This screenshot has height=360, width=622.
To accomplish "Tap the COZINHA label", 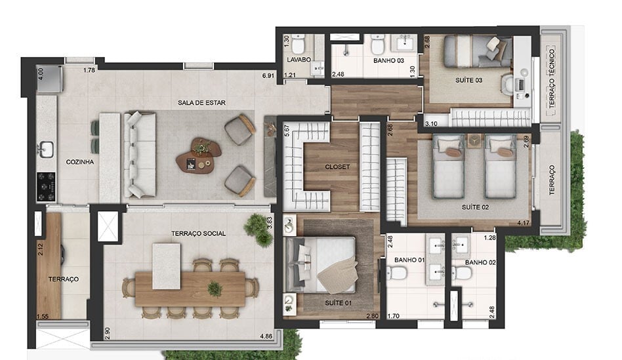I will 79,161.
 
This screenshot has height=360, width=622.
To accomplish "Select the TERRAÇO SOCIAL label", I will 198,233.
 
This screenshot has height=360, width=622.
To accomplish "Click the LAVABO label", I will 298,60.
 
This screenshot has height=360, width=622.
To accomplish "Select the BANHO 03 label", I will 369,60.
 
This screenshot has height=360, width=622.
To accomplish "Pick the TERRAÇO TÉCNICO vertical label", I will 552,78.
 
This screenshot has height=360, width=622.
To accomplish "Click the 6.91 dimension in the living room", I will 268,76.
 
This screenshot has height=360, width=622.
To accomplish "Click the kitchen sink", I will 45,150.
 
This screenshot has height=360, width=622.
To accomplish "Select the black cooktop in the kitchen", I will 46,186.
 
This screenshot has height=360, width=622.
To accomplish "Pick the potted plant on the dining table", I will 215,289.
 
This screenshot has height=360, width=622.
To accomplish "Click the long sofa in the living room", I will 140,155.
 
